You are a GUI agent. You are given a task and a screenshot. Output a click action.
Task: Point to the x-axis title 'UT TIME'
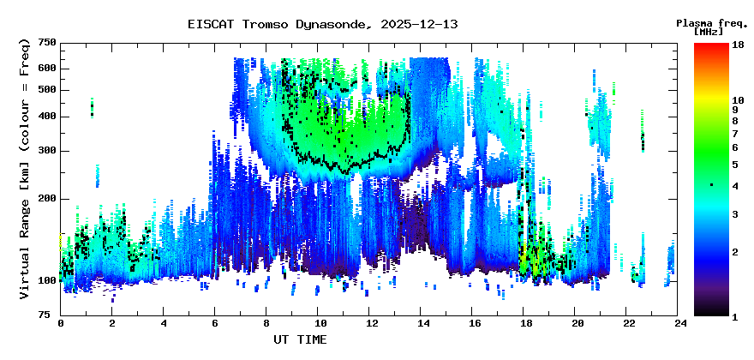click(300, 339)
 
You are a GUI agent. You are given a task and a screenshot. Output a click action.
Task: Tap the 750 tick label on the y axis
click(47, 43)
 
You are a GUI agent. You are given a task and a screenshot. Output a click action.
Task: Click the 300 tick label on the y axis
click(47, 151)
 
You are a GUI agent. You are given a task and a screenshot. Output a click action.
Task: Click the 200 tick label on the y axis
click(47, 199)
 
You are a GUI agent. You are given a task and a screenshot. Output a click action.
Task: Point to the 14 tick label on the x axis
click(422, 324)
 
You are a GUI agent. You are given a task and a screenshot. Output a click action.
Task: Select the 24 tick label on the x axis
click(680, 324)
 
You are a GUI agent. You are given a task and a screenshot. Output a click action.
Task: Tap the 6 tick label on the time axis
click(215, 324)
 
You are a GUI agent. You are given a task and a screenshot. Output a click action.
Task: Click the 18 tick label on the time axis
click(525, 324)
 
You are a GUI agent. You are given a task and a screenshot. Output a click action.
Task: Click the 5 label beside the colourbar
click(734, 164)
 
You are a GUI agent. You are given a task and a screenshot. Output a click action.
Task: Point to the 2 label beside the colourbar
click(734, 252)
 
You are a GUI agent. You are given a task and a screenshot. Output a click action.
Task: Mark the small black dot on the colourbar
click(711, 185)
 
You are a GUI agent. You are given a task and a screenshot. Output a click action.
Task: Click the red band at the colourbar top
click(711, 47)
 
